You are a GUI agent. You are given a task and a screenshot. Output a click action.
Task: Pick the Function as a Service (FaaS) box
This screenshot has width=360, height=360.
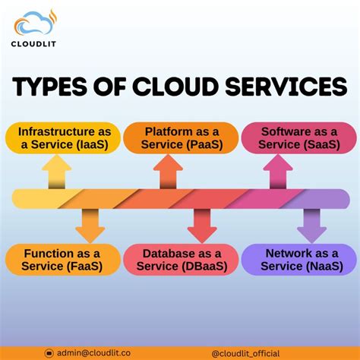[x=62, y=260]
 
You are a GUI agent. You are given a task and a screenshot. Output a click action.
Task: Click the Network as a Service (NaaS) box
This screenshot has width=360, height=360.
[x=300, y=260]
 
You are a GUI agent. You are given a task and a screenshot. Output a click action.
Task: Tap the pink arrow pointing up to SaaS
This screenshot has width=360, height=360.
[x=276, y=172]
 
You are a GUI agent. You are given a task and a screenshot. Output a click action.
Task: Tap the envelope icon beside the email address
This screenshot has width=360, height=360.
[x=50, y=352]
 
